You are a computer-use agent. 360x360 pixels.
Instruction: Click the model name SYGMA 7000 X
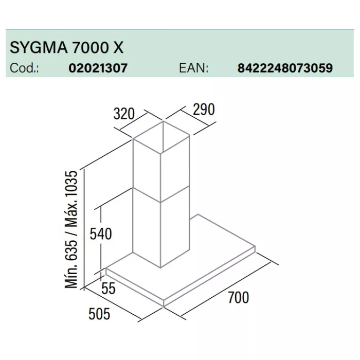coord(66,47)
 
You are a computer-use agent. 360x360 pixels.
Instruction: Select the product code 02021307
coord(98,68)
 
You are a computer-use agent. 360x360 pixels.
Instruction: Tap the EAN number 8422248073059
coord(285,68)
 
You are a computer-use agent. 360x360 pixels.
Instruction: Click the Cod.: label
coord(24,68)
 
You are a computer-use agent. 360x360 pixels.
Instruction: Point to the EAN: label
coord(194,68)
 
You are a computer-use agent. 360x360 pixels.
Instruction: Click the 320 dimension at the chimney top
coord(124,114)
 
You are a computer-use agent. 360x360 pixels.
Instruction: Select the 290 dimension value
coord(204,109)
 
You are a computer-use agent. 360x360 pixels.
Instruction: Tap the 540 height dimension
coord(101,234)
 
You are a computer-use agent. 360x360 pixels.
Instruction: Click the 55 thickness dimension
coord(109,289)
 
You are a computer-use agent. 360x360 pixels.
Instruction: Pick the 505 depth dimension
coord(99,314)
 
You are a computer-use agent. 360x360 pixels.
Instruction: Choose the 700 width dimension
coord(238,298)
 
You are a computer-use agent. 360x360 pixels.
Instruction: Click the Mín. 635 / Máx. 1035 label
coord(71,229)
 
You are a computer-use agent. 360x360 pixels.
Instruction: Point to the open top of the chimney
coord(161,137)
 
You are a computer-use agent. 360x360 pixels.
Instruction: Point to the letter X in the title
coord(118,47)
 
